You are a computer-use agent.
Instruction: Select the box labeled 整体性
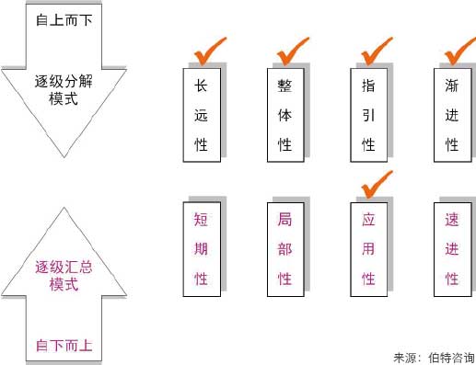point(284,115)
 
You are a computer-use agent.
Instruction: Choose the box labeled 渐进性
point(451,115)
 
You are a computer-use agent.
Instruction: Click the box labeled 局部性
point(284,249)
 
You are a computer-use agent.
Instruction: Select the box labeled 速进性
point(451,249)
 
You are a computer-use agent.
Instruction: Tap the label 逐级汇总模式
point(64,277)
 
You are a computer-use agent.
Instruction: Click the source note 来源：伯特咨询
point(429,355)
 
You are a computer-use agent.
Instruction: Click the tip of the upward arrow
point(64,209)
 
